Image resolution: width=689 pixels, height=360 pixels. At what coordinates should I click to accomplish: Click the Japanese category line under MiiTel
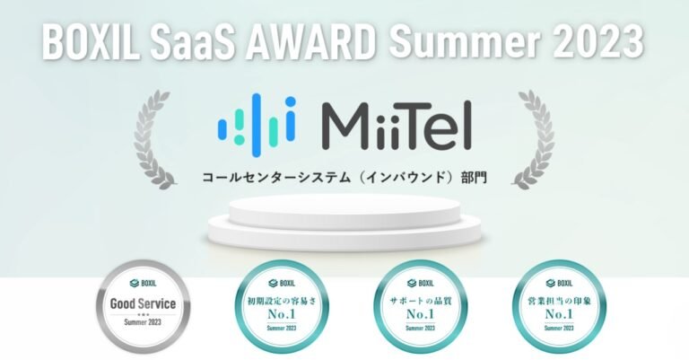tap(344, 177)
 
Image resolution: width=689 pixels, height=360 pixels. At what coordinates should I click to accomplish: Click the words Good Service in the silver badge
tap(141, 303)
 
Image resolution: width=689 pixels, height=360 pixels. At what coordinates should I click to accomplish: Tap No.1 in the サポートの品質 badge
tap(412, 316)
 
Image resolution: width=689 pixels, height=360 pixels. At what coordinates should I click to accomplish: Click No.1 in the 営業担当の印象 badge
tap(546, 316)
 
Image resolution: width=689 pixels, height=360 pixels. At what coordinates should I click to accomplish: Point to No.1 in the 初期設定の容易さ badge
tap(275, 316)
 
